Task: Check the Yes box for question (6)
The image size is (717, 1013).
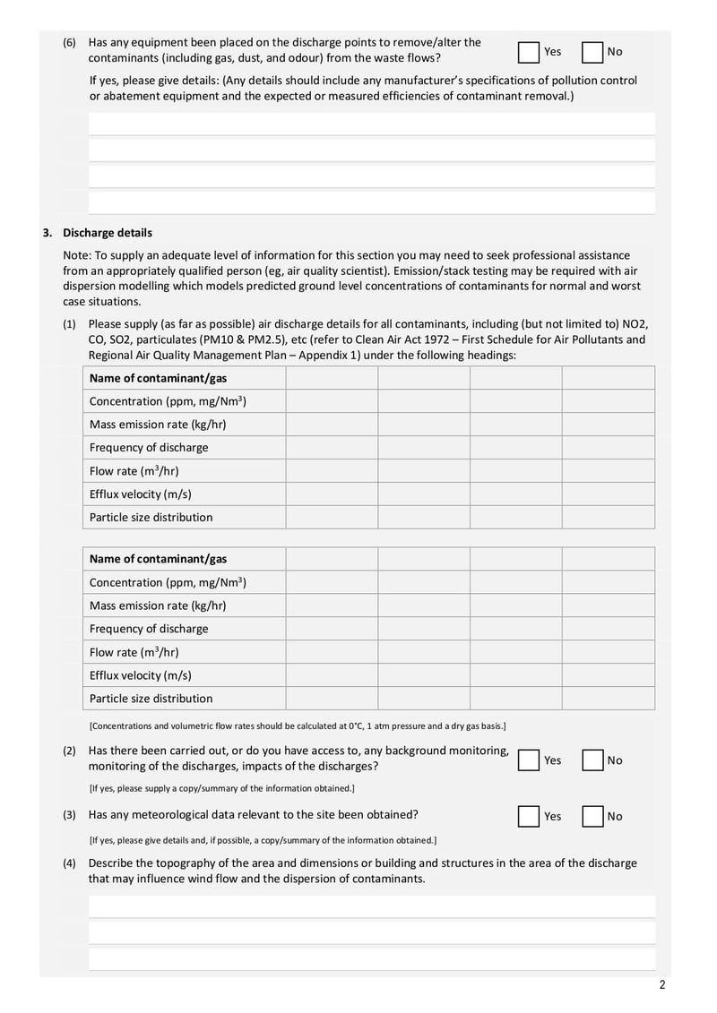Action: click(x=529, y=52)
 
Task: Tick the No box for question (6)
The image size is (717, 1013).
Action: click(x=592, y=52)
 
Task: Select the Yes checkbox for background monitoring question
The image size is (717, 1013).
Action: click(x=529, y=760)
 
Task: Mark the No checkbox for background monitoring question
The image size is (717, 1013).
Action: click(x=592, y=760)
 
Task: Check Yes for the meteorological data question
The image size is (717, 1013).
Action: click(x=529, y=816)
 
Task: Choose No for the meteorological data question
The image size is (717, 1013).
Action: click(x=592, y=816)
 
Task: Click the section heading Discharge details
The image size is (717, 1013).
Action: click(x=108, y=233)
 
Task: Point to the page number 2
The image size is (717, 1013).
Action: click(x=662, y=986)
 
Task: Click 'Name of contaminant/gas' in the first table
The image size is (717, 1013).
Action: click(x=158, y=378)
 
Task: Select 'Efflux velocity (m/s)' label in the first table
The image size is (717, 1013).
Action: click(x=140, y=494)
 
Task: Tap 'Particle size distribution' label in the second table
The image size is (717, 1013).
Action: click(x=151, y=698)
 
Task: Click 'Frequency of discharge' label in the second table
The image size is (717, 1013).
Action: click(x=149, y=629)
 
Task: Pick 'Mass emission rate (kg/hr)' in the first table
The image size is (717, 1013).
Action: click(x=157, y=425)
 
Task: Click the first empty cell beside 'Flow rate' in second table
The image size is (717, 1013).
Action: click(x=332, y=652)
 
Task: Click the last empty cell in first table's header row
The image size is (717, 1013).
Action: click(x=609, y=378)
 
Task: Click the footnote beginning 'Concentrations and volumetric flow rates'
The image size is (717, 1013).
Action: click(x=298, y=725)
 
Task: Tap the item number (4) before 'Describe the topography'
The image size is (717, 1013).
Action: click(x=70, y=863)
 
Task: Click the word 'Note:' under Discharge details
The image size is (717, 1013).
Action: click(x=77, y=255)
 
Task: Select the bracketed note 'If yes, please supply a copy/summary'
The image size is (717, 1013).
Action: click(x=221, y=788)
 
